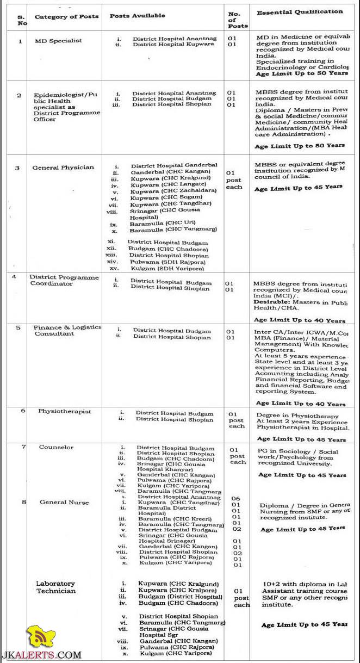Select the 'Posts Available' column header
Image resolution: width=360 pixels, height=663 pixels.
pyautogui.click(x=137, y=16)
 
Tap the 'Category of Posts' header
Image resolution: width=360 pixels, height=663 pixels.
pyautogui.click(x=66, y=16)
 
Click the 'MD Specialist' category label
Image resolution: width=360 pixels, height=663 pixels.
pyautogui.click(x=58, y=41)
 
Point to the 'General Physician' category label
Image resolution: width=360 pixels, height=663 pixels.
pyautogui.click(x=63, y=168)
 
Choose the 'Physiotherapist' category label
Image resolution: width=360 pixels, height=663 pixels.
pyautogui.click(x=64, y=411)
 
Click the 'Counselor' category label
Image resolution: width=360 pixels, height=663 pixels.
pyautogui.click(x=56, y=447)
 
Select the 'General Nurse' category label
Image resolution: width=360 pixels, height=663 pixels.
pyautogui.click(x=64, y=502)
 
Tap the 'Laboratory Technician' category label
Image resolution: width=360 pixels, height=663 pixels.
pyautogui.click(x=55, y=587)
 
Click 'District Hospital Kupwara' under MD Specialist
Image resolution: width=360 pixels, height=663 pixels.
pyautogui.click(x=170, y=44)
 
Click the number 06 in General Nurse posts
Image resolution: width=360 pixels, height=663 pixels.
pyautogui.click(x=235, y=498)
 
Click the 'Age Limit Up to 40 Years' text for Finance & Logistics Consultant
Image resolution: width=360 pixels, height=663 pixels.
pyautogui.click(x=300, y=404)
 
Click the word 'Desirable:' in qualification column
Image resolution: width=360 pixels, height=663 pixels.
pyautogui.click(x=271, y=301)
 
